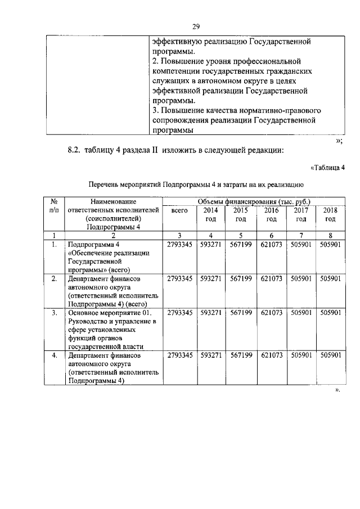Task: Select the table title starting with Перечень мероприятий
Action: pyautogui.click(x=196, y=183)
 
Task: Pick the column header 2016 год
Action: pyautogui.click(x=271, y=214)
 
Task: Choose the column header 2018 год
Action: pyautogui.click(x=330, y=214)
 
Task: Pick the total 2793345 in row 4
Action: pyautogui.click(x=180, y=355)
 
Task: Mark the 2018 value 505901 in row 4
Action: pyautogui.click(x=330, y=355)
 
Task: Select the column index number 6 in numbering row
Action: pyautogui.click(x=271, y=235)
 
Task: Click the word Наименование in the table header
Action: pyautogui.click(x=113, y=201)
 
